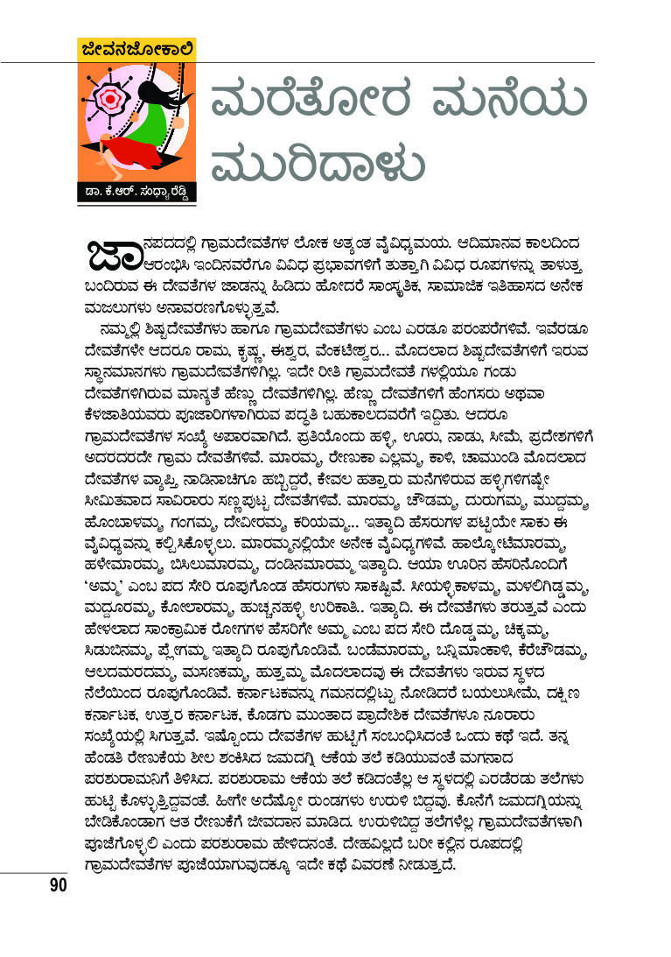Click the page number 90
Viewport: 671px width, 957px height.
[x=58, y=885]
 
